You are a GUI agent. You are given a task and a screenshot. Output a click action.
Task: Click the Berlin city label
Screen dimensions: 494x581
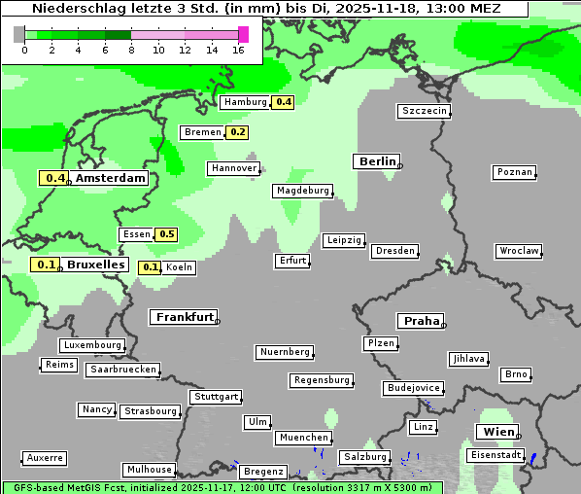[377, 161]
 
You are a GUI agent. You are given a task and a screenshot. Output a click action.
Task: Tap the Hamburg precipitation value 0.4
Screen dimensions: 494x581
[283, 102]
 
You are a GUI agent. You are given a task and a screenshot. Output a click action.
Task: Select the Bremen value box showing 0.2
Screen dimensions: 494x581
[237, 132]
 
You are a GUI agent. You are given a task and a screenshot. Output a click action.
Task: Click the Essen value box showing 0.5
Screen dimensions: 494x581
[166, 234]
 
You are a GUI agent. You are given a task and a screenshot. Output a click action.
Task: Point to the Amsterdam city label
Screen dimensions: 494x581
[111, 178]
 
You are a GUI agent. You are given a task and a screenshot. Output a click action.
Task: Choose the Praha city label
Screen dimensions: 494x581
[420, 321]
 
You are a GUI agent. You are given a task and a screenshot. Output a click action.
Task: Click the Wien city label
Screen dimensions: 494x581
[497, 432]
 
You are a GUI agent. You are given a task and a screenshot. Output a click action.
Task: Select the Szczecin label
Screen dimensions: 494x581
[424, 111]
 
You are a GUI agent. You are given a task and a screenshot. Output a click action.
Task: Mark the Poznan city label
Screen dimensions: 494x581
[514, 172]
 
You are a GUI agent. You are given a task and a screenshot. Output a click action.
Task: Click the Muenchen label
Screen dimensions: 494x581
[303, 438]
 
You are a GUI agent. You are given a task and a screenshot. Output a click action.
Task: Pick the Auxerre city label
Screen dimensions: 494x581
[45, 457]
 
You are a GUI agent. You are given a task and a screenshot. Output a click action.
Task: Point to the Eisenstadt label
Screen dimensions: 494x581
[496, 455]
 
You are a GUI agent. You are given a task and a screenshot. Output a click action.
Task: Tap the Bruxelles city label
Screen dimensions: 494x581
[95, 265]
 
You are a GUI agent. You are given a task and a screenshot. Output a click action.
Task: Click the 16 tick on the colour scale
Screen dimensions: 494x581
[238, 51]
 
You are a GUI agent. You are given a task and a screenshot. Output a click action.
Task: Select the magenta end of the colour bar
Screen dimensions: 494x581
[243, 34]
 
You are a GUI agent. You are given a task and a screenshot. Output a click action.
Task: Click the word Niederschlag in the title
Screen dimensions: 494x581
[75, 8]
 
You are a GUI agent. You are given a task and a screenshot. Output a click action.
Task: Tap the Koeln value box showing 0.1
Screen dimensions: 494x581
[151, 267]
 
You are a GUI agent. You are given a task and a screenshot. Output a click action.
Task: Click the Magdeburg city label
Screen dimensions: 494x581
[303, 191]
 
